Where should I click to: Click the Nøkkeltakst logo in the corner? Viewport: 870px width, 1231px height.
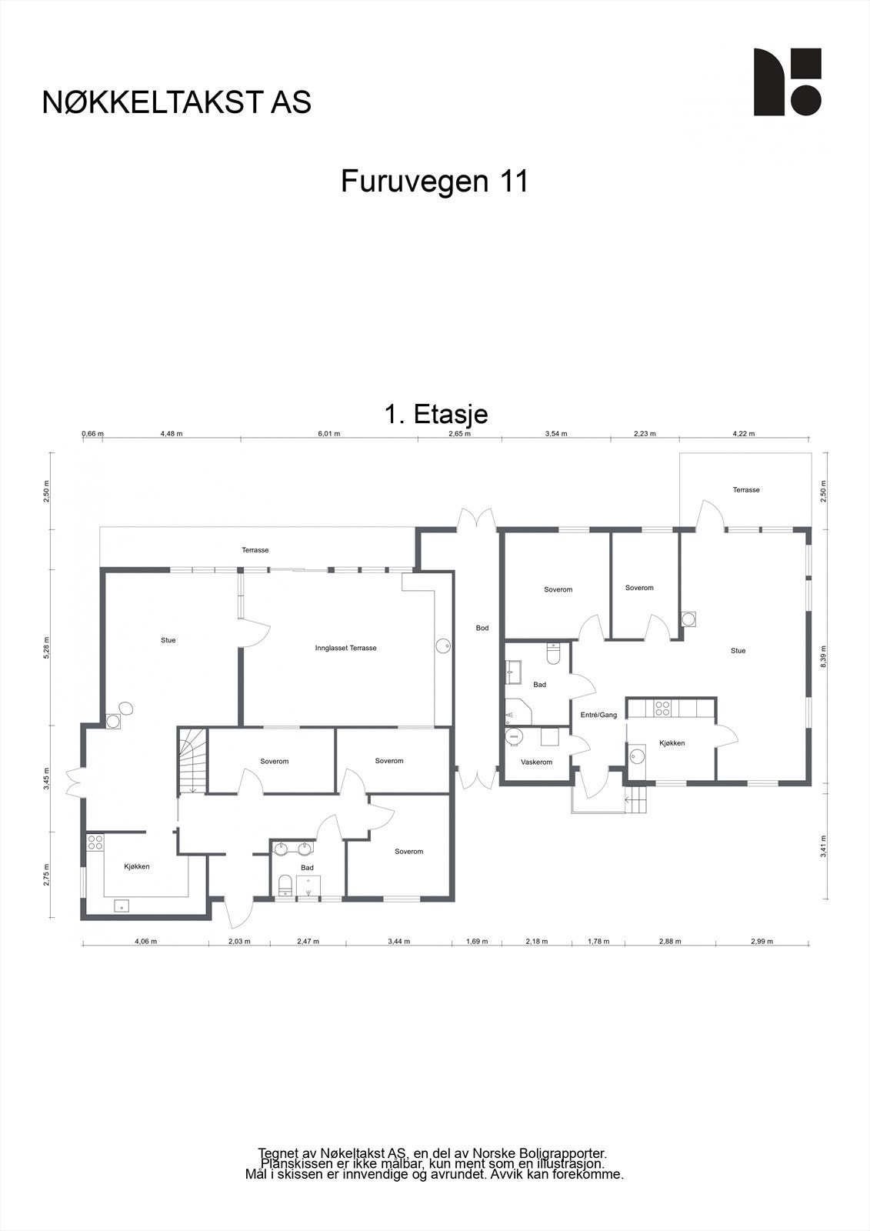(x=787, y=82)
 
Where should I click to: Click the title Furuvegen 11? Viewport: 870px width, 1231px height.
(x=435, y=182)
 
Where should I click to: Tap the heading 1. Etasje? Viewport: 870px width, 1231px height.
(x=435, y=414)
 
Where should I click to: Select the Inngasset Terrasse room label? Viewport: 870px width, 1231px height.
(x=345, y=648)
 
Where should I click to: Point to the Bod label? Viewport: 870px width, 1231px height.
(x=482, y=628)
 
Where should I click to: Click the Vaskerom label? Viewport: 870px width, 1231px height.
(x=536, y=762)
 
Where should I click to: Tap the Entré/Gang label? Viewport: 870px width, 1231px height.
(x=598, y=715)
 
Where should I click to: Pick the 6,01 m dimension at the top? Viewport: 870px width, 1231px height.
(x=328, y=434)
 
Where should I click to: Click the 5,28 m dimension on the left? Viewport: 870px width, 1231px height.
(x=47, y=647)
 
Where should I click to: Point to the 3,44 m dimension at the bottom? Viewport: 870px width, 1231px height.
(x=399, y=941)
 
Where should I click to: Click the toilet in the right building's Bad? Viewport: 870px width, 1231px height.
(x=552, y=653)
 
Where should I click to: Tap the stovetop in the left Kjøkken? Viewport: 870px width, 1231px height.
(x=95, y=842)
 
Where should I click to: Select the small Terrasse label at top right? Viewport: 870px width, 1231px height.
(x=746, y=489)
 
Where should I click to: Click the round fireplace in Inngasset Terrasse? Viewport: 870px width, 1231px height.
(x=443, y=646)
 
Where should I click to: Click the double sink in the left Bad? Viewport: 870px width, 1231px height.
(x=294, y=849)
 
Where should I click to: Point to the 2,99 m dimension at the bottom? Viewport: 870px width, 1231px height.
(x=762, y=941)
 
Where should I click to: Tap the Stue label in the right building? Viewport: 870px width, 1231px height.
(x=738, y=651)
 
